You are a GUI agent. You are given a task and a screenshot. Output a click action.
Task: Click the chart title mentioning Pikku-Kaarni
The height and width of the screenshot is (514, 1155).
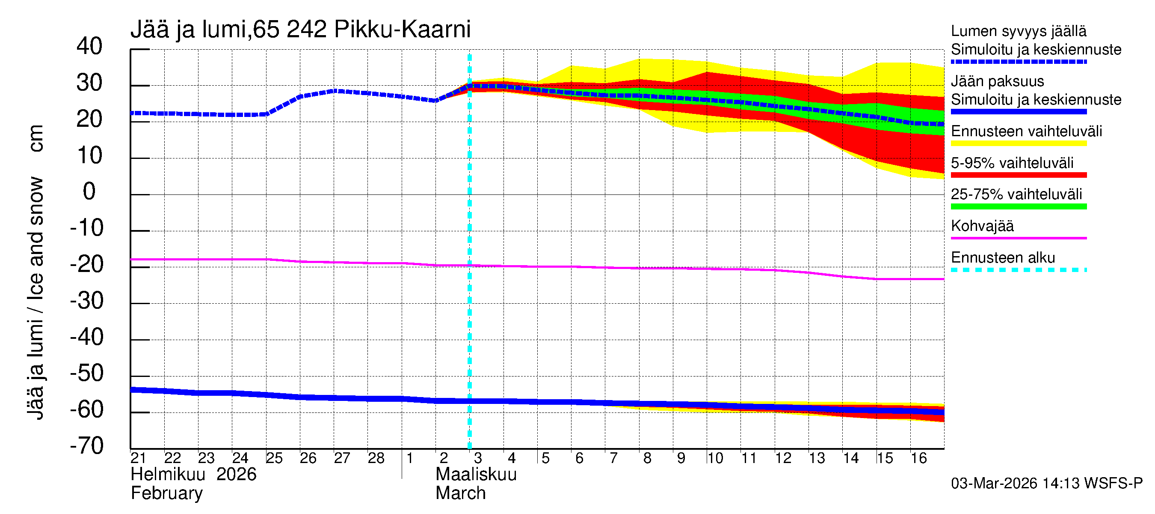(x=300, y=30)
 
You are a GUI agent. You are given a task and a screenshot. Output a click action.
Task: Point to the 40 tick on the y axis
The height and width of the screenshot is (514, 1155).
(x=89, y=46)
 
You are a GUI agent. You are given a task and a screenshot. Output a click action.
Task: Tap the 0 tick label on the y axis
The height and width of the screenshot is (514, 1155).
(x=89, y=192)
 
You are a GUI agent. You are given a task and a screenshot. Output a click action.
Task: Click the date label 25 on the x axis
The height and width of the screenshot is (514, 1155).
(x=274, y=458)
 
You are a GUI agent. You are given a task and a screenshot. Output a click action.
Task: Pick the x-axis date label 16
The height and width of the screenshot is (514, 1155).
(x=918, y=458)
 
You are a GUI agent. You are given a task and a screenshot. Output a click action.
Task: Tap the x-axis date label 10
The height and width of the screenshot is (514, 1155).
(x=715, y=458)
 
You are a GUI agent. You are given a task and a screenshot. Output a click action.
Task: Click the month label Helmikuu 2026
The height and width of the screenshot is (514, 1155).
(x=193, y=475)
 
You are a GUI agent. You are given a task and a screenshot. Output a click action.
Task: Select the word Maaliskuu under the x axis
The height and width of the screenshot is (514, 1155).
(x=476, y=475)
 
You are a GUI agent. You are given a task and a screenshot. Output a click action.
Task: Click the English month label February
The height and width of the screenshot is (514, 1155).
(x=166, y=493)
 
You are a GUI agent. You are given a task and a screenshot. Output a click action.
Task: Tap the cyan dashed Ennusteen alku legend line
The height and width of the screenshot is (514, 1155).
(x=1018, y=270)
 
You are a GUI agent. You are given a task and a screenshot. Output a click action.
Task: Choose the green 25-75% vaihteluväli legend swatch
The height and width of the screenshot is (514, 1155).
(x=1018, y=206)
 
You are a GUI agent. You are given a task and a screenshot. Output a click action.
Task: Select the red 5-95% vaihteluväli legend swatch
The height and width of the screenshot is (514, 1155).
(x=1018, y=175)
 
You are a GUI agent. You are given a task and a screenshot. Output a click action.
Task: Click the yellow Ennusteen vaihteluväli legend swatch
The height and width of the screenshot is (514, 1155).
(x=1018, y=143)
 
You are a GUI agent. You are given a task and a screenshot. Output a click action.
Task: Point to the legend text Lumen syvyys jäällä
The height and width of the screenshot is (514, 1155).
(x=1018, y=31)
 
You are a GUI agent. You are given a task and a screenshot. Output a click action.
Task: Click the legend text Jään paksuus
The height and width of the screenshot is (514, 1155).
(x=997, y=81)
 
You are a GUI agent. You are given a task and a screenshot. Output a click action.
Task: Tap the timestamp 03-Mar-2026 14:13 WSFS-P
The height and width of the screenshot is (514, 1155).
(x=1046, y=484)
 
